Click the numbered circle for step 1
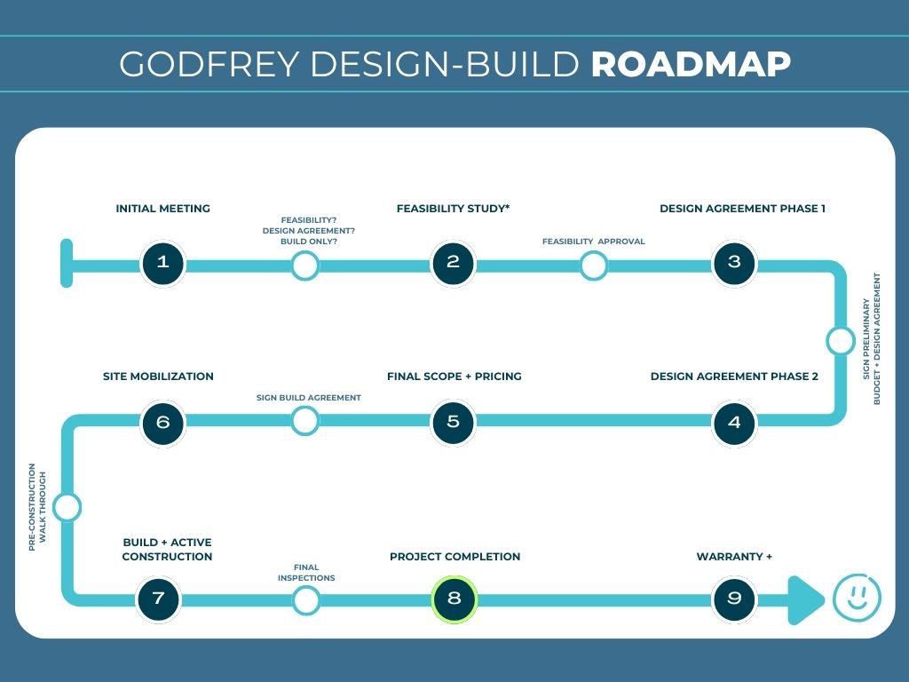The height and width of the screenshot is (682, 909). click(162, 263)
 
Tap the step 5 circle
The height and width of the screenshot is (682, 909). click(454, 422)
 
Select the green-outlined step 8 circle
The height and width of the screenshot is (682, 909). click(454, 599)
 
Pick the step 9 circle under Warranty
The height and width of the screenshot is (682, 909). click(734, 599)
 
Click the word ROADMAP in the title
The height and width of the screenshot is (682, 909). click(691, 64)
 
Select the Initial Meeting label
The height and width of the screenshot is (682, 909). click(162, 209)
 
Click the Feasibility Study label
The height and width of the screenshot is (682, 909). click(453, 209)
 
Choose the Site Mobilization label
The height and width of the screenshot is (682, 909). click(158, 377)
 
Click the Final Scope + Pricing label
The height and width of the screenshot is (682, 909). click(454, 377)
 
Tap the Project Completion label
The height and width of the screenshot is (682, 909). click(454, 557)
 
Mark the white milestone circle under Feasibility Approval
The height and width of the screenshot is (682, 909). click(593, 265)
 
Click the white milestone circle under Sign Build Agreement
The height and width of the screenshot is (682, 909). click(304, 421)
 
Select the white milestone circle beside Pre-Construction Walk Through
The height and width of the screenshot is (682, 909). click(67, 508)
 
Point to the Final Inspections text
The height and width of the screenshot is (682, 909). click(306, 573)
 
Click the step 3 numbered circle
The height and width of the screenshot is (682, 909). click(734, 263)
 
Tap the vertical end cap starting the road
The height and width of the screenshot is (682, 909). click(67, 263)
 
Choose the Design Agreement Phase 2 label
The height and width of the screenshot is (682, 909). click(734, 377)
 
